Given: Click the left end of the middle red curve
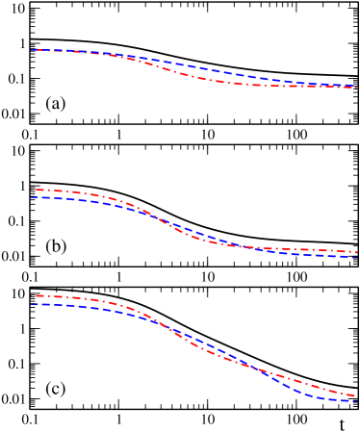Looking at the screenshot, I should tap(34, 190).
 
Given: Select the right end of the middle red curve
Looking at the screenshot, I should tap(357, 252).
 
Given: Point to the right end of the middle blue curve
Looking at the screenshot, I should tap(357, 257).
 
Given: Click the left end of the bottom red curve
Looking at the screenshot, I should tap(34, 295).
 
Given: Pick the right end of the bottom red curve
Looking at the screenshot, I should tap(357, 395).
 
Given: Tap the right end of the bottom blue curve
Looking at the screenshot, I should tap(357, 400).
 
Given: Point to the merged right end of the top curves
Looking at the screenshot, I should tap(357, 87).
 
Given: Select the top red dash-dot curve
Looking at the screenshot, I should tap(193, 76).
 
